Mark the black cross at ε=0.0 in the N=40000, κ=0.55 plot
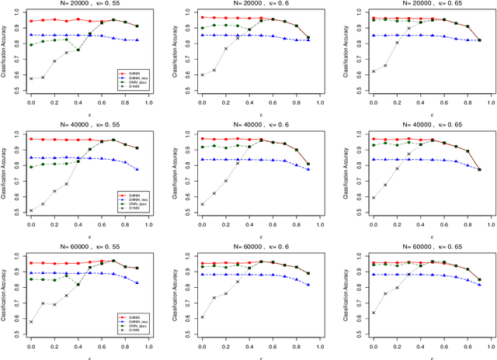pos(30,210)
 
